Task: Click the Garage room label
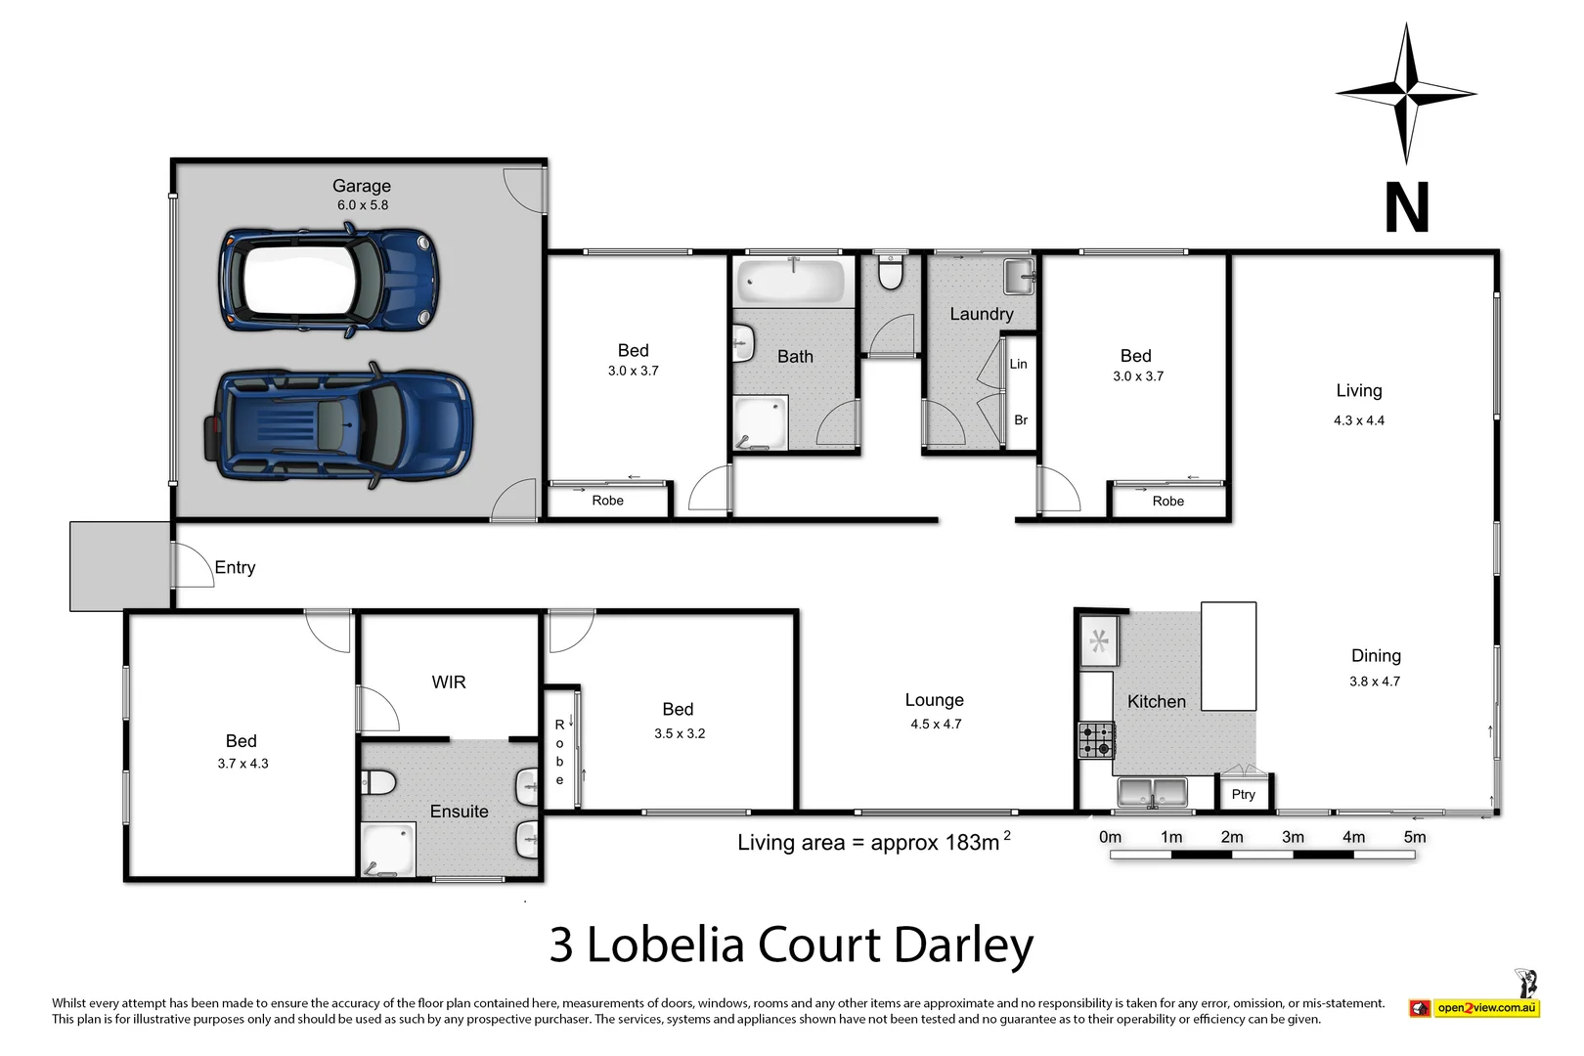point(361,186)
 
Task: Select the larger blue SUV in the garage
point(338,426)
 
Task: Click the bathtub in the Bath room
point(791,282)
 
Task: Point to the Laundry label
point(981,314)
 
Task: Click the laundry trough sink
point(1019,277)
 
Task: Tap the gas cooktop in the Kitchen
point(1096,740)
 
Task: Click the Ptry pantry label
point(1243,794)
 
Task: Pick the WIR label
point(449,682)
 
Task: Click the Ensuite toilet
point(378,782)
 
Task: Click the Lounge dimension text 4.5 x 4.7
point(936,725)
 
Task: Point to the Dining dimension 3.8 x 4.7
point(1375,682)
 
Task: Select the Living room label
point(1359,391)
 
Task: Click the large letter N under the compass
point(1406,207)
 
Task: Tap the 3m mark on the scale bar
point(1293,837)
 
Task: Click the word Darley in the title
point(963,946)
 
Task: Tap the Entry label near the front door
point(235,567)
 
